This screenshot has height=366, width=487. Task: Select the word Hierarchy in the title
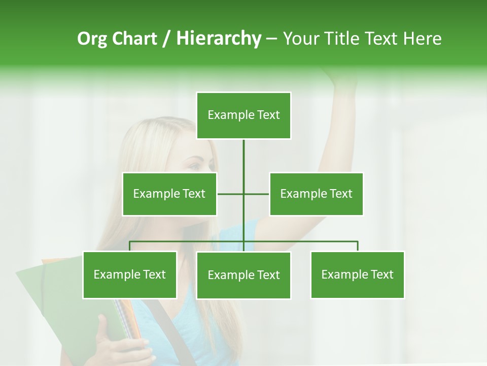tap(219, 39)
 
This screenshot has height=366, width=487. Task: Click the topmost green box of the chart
tap(243, 115)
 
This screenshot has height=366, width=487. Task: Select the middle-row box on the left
tap(169, 194)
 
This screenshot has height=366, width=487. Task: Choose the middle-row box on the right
tap(316, 194)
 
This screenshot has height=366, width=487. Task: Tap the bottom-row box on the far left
tap(129, 274)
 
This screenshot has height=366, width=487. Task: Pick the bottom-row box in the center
tap(243, 275)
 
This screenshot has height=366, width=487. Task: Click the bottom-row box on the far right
tap(357, 274)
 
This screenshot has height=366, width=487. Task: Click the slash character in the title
tap(166, 39)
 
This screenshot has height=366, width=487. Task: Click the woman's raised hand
tap(340, 75)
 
